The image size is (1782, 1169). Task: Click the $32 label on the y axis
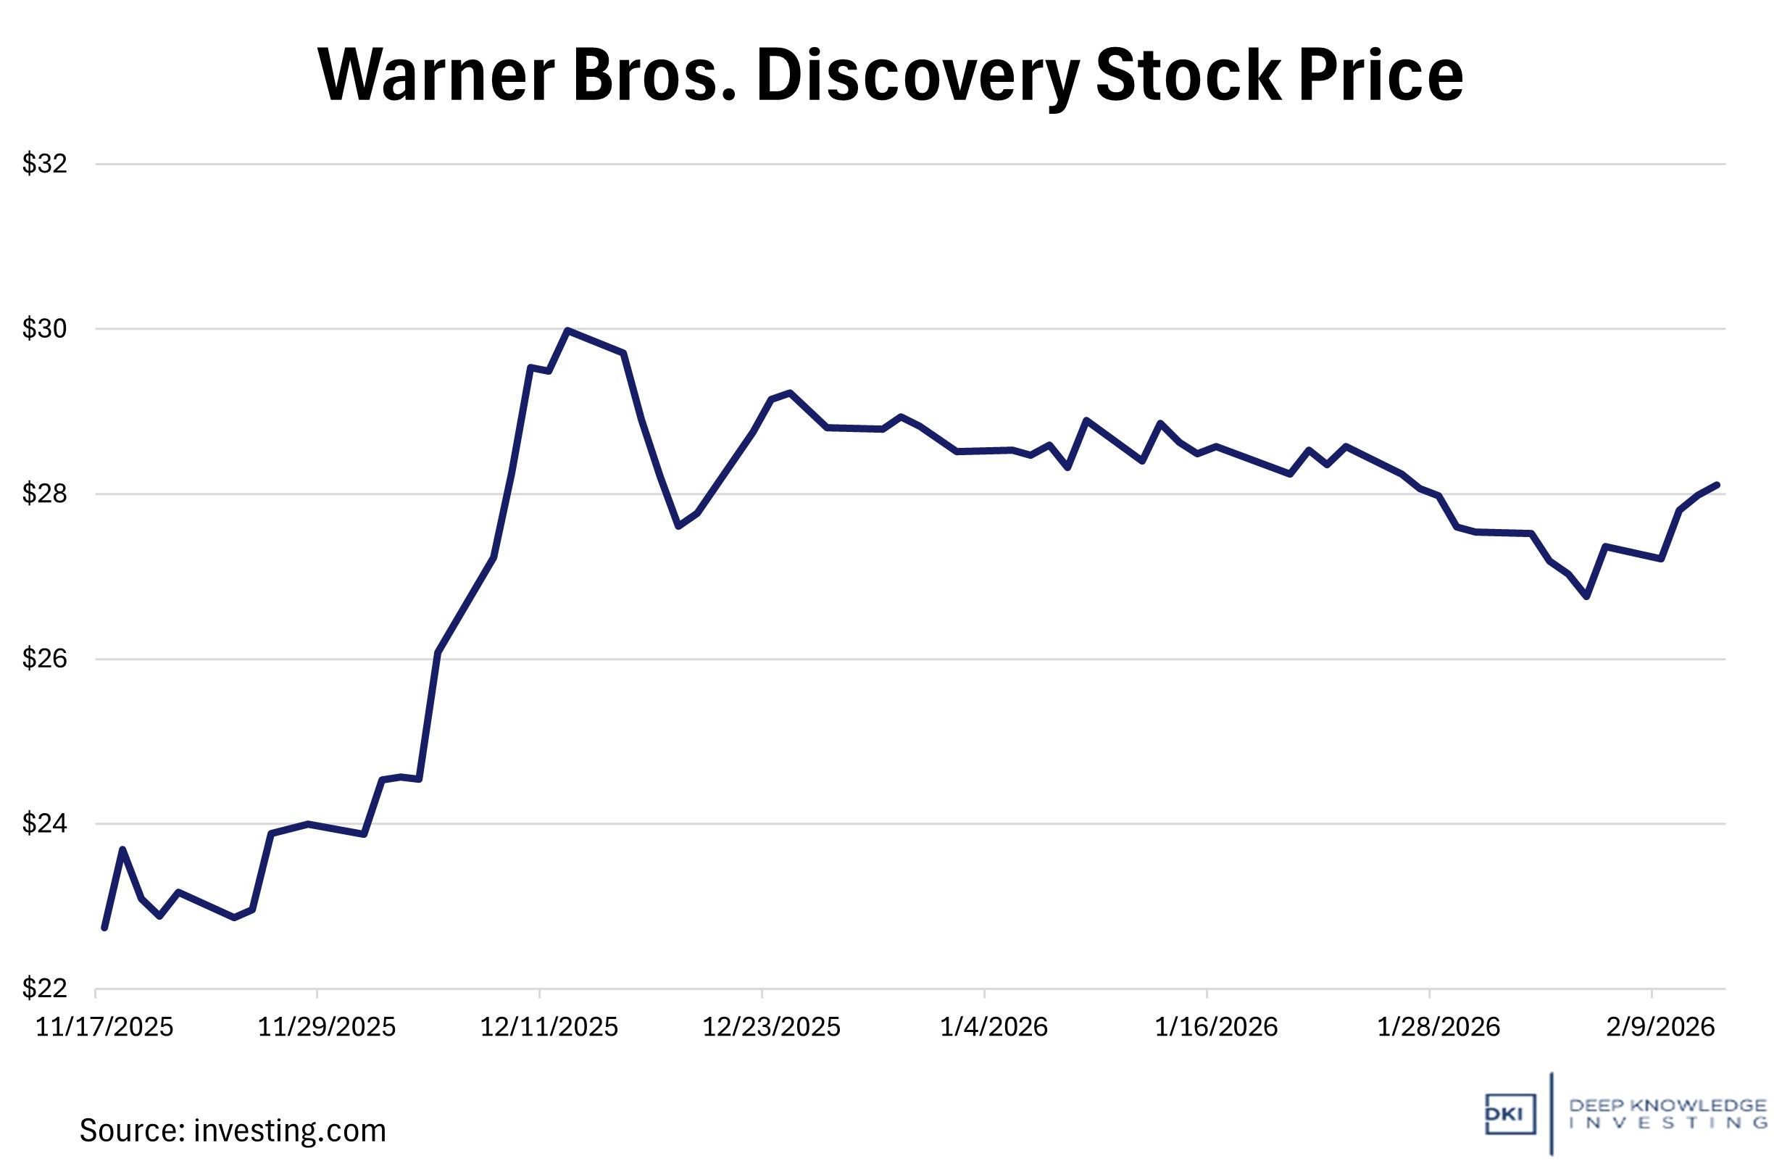tap(44, 163)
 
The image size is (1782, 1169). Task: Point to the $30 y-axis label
tap(44, 328)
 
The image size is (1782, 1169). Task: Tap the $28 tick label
tap(44, 494)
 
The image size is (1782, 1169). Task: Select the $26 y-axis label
tap(44, 658)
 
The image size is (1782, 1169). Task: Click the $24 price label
tap(44, 824)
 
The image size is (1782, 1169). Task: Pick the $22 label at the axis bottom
tap(44, 989)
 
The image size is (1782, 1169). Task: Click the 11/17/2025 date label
tap(104, 1027)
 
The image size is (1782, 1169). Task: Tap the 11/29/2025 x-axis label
tap(326, 1027)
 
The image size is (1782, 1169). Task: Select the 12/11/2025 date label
tap(549, 1027)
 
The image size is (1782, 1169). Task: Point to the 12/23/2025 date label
tap(771, 1027)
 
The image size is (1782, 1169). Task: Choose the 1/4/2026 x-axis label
tap(994, 1027)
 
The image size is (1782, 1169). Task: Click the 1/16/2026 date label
tap(1216, 1027)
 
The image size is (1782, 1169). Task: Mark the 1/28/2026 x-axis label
tap(1438, 1027)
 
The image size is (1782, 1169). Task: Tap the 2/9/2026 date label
tap(1660, 1027)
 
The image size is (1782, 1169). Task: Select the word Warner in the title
tap(436, 75)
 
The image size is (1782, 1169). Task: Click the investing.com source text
tap(290, 1131)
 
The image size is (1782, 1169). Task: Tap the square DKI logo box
tap(1510, 1115)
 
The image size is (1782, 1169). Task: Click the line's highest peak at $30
tap(567, 330)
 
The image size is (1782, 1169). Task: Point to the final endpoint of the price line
tap(1717, 486)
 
